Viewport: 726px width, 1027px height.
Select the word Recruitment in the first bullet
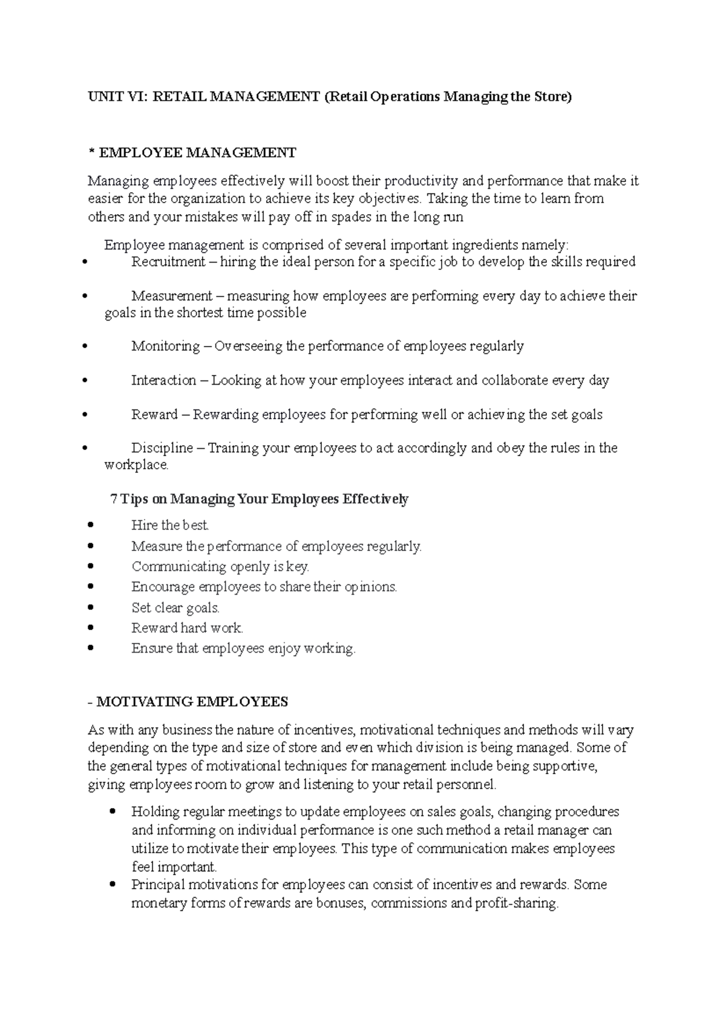click(168, 262)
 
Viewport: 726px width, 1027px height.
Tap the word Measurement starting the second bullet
click(172, 296)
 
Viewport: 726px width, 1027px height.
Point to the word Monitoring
click(166, 346)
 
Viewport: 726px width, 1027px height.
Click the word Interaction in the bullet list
click(164, 380)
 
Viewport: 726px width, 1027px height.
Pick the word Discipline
click(162, 448)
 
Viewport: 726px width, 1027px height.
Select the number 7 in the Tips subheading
click(114, 500)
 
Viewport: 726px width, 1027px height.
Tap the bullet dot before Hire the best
click(91, 525)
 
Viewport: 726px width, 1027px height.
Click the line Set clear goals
click(175, 608)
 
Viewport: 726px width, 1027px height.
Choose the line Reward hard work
click(187, 628)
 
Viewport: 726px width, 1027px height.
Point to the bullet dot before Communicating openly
click(91, 567)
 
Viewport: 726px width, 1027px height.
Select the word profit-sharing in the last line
click(516, 904)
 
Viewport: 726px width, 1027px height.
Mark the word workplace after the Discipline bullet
click(136, 465)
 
